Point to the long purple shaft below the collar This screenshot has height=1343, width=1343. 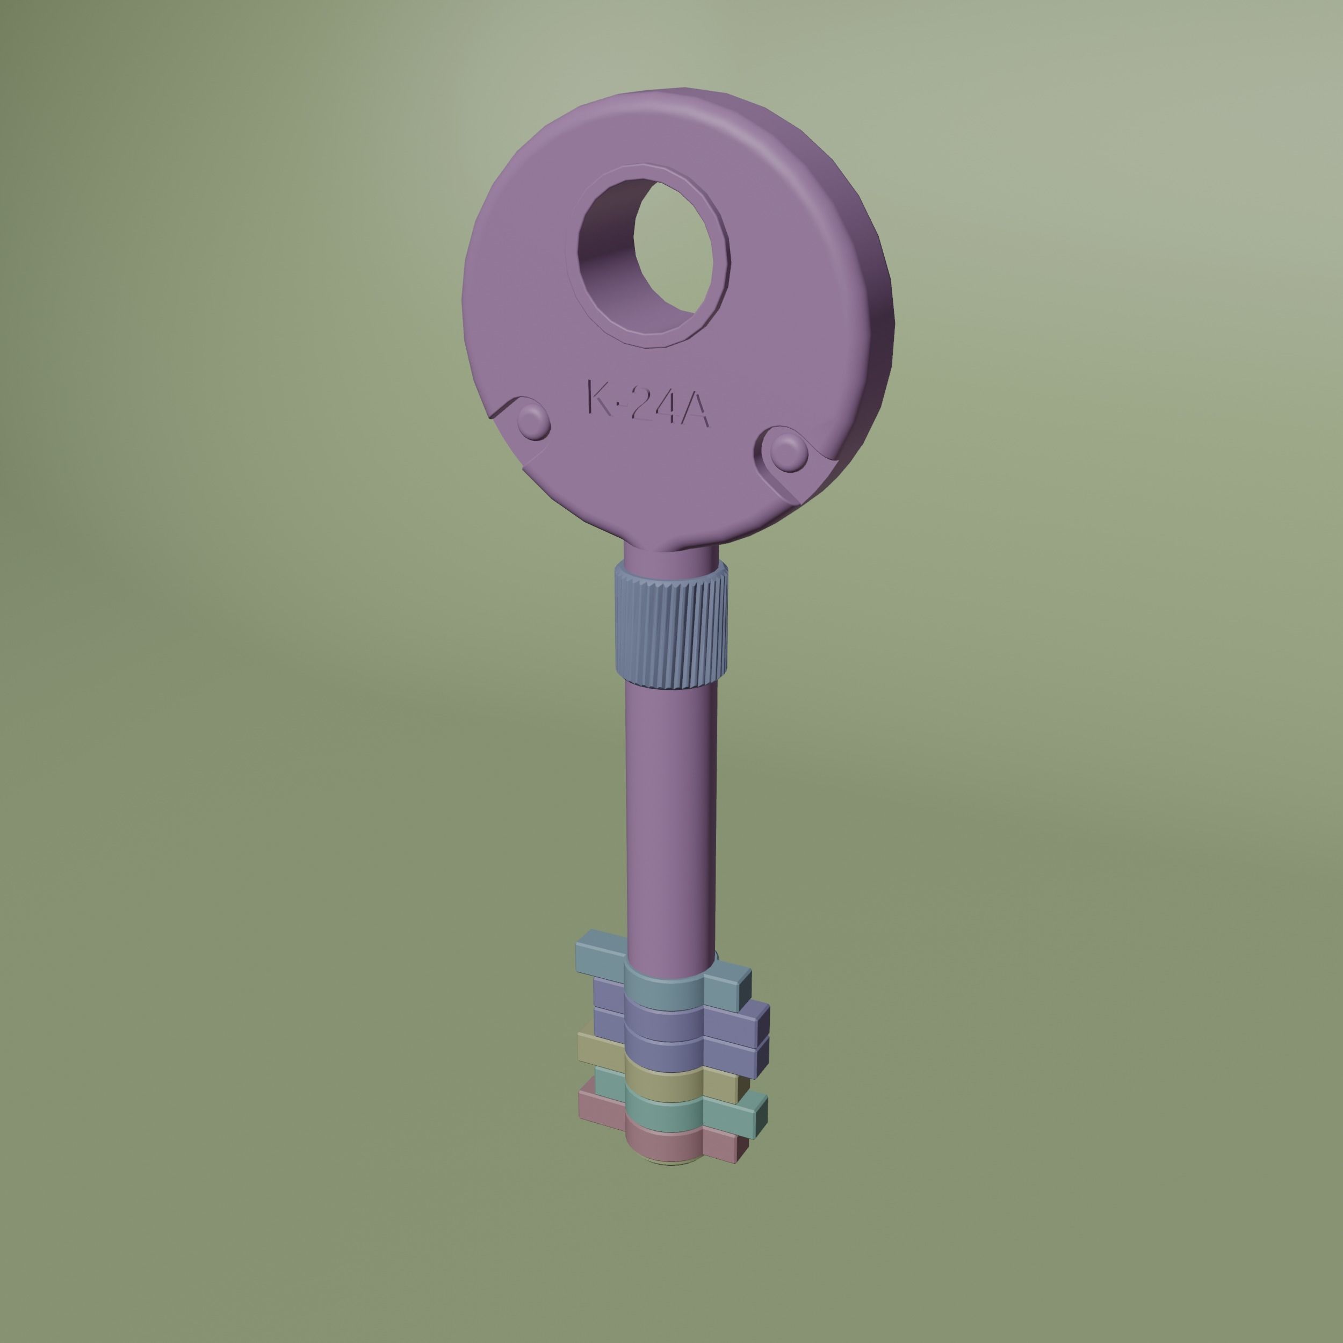(x=671, y=820)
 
